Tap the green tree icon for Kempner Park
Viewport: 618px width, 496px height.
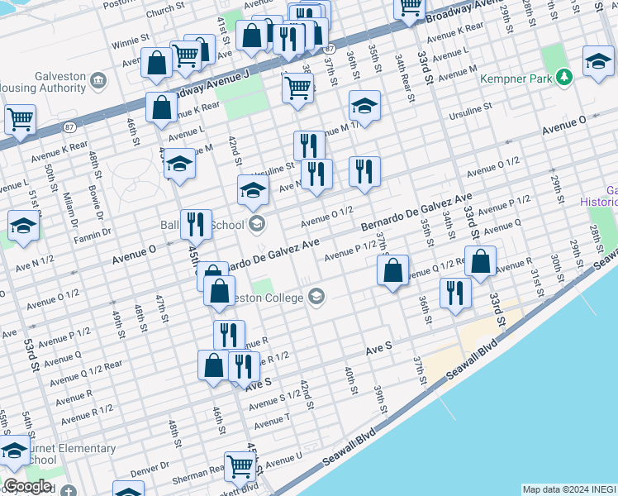564,77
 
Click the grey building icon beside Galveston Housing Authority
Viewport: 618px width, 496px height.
99,79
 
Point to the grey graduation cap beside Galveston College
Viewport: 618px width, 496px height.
316,297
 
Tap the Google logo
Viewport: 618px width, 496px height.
26,486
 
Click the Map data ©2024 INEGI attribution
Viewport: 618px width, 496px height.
569,489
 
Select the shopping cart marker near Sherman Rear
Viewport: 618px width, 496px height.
239,466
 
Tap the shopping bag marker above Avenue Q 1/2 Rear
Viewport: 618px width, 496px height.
392,269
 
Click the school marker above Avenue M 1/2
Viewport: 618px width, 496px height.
364,106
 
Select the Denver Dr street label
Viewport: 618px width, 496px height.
150,468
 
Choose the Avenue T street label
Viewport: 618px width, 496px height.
273,423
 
